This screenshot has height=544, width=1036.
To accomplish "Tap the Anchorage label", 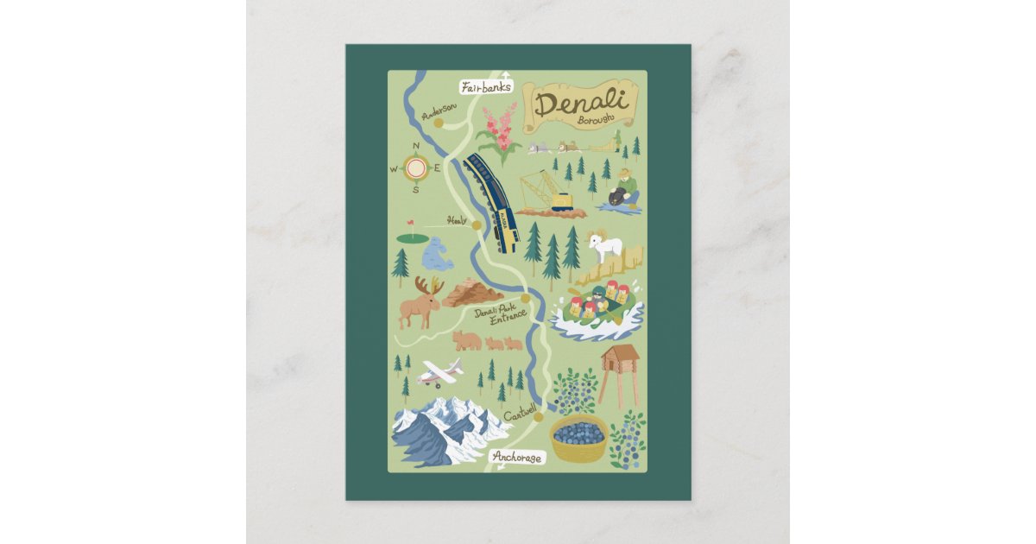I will point(517,458).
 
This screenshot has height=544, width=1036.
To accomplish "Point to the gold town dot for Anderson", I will point(438,123).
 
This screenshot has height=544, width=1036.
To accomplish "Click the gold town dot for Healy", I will point(476,225).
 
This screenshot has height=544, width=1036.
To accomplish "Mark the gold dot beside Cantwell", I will point(539,418).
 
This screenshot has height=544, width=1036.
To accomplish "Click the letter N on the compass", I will point(416,146).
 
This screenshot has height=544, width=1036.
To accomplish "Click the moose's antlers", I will point(429,286).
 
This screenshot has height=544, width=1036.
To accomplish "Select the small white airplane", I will point(439,373).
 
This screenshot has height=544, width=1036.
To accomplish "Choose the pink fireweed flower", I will point(500,127).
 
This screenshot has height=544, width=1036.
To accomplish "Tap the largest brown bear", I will point(467,340).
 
